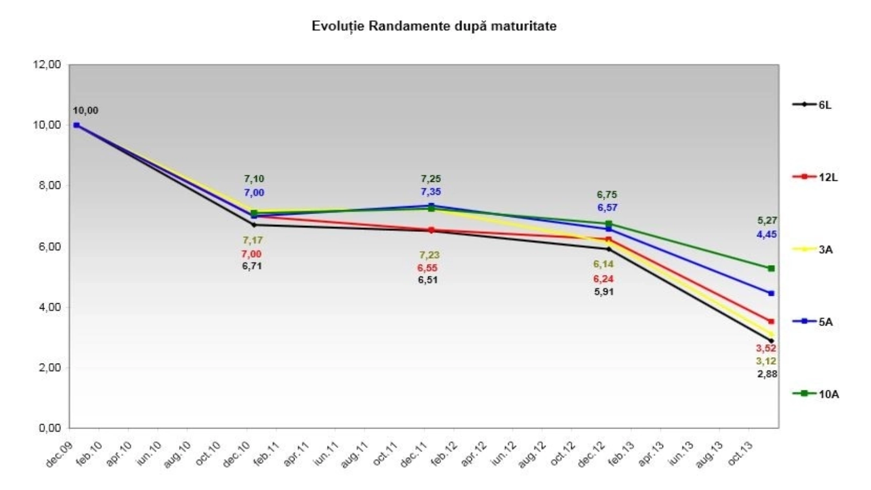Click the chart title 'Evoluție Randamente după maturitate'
434,26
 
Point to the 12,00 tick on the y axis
47,65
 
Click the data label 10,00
85,111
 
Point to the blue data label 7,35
431,192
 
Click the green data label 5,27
767,220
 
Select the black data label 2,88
767,374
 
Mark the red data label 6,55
427,268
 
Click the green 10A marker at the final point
771,268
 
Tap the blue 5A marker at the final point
771,293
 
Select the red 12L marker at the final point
771,322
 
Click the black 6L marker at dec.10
254,225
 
